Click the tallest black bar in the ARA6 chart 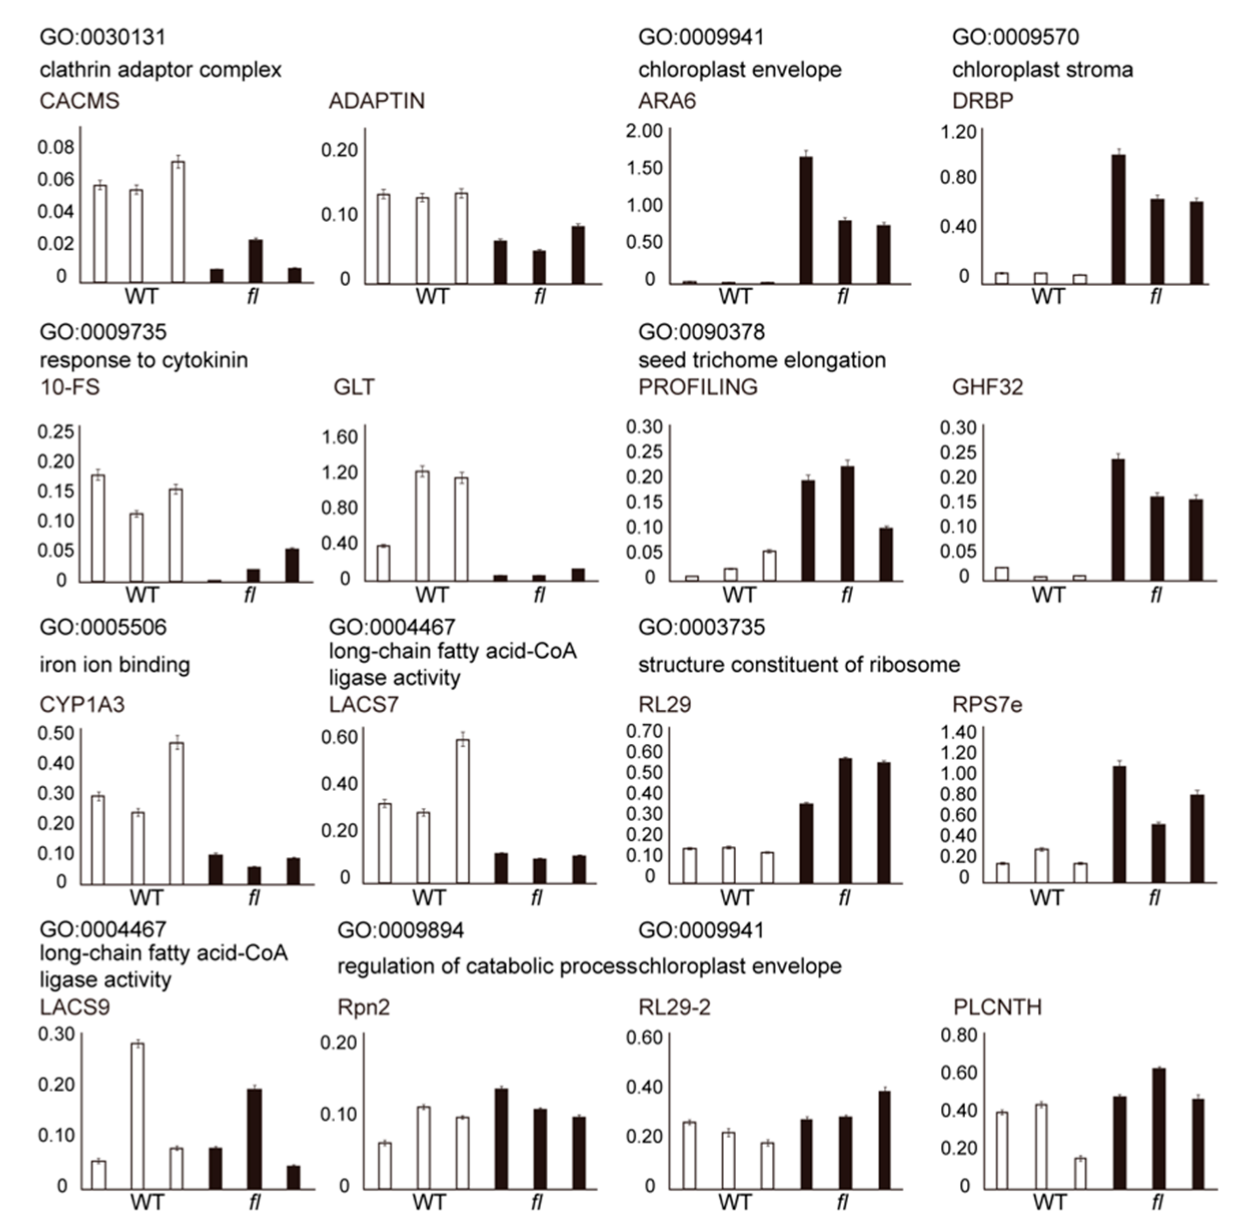pyautogui.click(x=806, y=220)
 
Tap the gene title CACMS pyautogui.click(x=80, y=102)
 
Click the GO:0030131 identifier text pyautogui.click(x=103, y=37)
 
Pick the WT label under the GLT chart pyautogui.click(x=431, y=595)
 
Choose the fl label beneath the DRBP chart pyautogui.click(x=1155, y=297)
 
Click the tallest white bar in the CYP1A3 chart pyautogui.click(x=177, y=813)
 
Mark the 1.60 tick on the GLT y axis pyautogui.click(x=339, y=437)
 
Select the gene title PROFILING pyautogui.click(x=698, y=387)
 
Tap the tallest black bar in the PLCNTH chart pyautogui.click(x=1158, y=1128)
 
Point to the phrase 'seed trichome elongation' pyautogui.click(x=762, y=360)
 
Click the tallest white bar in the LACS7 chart pyautogui.click(x=462, y=811)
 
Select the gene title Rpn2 pyautogui.click(x=363, y=1007)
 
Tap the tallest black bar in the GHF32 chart pyautogui.click(x=1118, y=520)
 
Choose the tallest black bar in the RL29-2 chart pyautogui.click(x=884, y=1139)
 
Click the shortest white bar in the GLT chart pyautogui.click(x=383, y=563)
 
